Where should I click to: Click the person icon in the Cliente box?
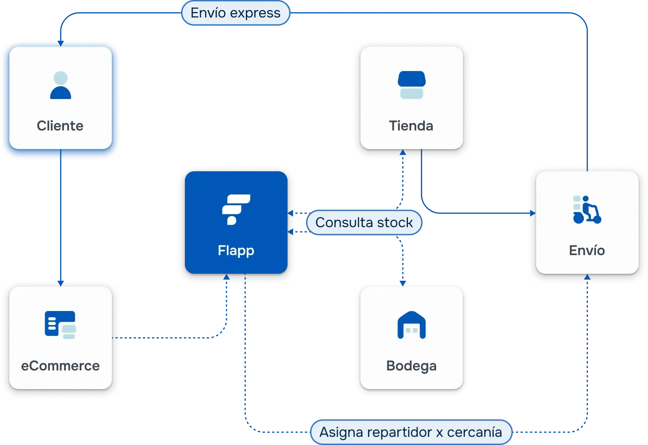coord(61,85)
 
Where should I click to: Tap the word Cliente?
coord(60,126)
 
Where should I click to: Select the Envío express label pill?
coord(235,13)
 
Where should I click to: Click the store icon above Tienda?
coord(411,85)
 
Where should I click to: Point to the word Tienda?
coord(411,126)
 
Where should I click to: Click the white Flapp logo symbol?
coord(235,209)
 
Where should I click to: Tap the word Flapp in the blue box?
coord(236,250)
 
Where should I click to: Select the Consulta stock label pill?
coord(364,222)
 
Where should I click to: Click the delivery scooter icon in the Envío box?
coord(587,210)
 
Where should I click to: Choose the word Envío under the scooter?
coord(587,250)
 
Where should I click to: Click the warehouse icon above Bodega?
coord(411,325)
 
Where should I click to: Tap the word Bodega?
coord(411,366)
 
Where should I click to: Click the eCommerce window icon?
coord(60,325)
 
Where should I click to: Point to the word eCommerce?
coord(60,366)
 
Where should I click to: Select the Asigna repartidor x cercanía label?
coord(411,432)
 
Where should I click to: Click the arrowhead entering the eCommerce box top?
coord(61,283)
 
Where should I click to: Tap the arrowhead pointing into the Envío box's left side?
coord(533,213)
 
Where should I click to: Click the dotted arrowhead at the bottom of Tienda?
coord(403,153)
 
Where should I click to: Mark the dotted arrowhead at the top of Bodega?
coord(403,283)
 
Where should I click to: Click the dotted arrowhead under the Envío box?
coord(587,277)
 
